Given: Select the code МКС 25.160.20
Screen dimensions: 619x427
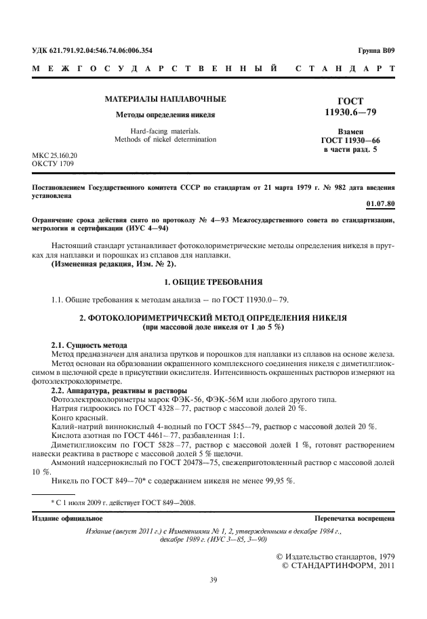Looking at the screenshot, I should pos(54,155).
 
